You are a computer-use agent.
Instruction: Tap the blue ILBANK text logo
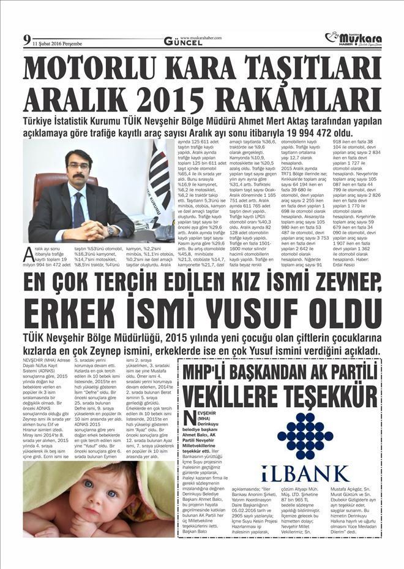(305, 473)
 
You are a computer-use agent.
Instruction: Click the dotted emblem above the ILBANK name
(305, 435)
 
